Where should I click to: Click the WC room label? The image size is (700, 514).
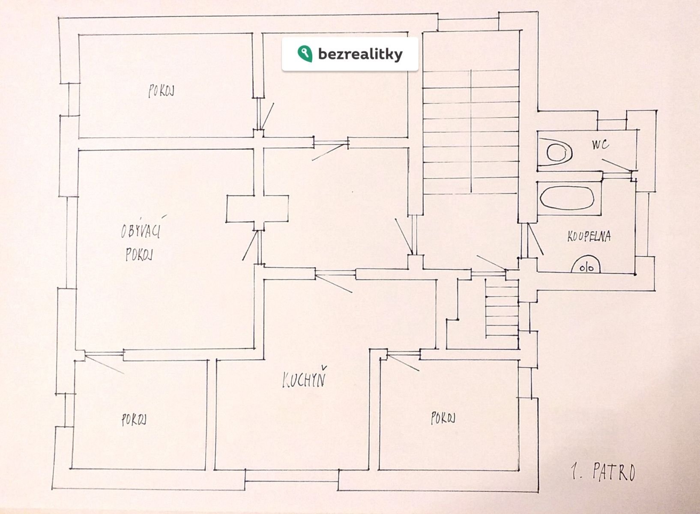point(601,145)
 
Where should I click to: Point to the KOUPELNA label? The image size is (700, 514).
point(589,236)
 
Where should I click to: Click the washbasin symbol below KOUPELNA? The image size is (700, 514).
point(586,265)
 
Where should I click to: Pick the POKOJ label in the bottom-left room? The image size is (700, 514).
point(134,420)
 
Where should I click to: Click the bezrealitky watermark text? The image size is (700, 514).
point(360,54)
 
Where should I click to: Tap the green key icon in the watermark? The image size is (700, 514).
point(303,53)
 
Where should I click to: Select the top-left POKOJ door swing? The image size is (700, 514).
point(268,116)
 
